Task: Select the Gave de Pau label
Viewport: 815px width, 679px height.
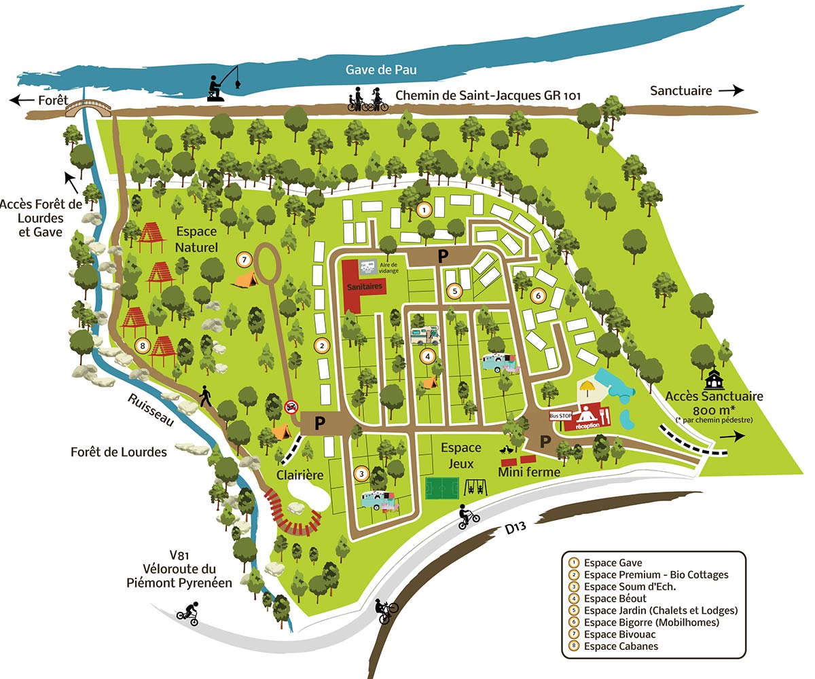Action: click(x=380, y=69)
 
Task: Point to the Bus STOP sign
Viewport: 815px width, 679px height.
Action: click(x=559, y=414)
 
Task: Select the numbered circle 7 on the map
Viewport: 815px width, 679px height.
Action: click(x=244, y=259)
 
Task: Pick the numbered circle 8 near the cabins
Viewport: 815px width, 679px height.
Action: click(x=141, y=345)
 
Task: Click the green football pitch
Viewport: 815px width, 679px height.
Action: click(x=441, y=488)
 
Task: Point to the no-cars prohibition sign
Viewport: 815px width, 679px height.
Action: click(x=292, y=407)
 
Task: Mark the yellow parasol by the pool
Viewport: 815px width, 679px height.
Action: click(x=588, y=388)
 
